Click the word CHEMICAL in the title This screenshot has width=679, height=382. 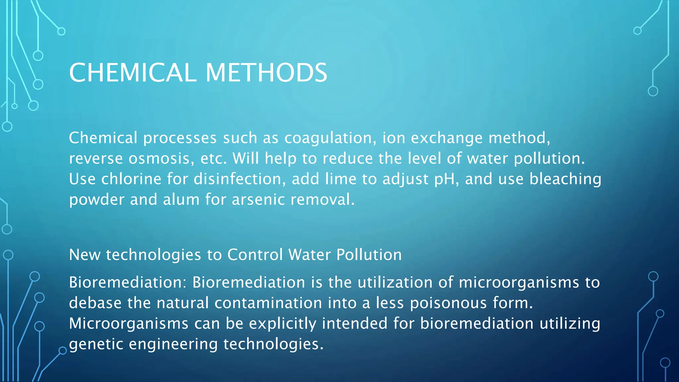[133, 73]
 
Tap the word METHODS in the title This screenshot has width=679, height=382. [266, 73]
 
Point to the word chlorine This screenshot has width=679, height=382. [131, 179]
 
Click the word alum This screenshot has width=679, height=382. [181, 200]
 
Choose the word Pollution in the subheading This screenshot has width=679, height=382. [369, 255]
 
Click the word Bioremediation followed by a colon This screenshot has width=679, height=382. [128, 283]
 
